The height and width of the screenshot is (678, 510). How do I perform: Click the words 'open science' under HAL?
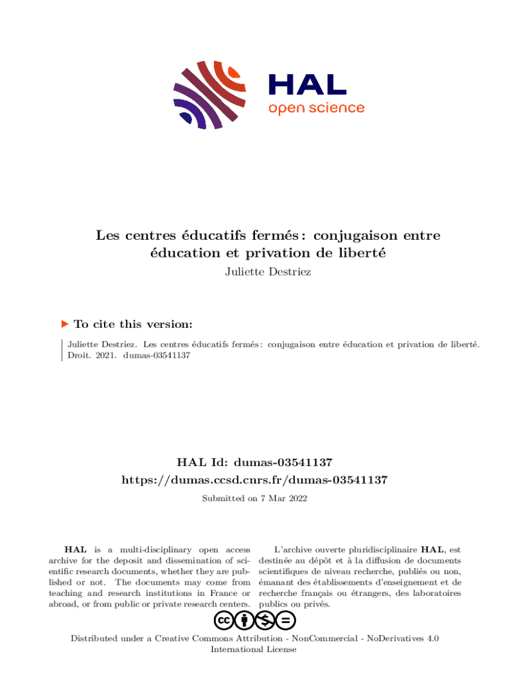316,108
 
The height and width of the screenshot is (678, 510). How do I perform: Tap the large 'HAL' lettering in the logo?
307,83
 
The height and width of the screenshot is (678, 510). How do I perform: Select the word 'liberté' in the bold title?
362,253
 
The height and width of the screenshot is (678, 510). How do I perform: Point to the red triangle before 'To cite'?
65,324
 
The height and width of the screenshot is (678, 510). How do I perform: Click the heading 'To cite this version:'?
133,324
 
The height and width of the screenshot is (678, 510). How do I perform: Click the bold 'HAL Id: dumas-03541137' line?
255,461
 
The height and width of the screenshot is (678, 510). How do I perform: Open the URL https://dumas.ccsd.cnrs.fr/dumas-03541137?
255,479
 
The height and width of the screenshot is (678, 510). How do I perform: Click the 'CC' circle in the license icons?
223,620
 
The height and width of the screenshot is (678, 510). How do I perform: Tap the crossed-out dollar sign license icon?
266,620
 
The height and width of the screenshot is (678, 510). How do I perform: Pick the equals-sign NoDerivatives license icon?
286,620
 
